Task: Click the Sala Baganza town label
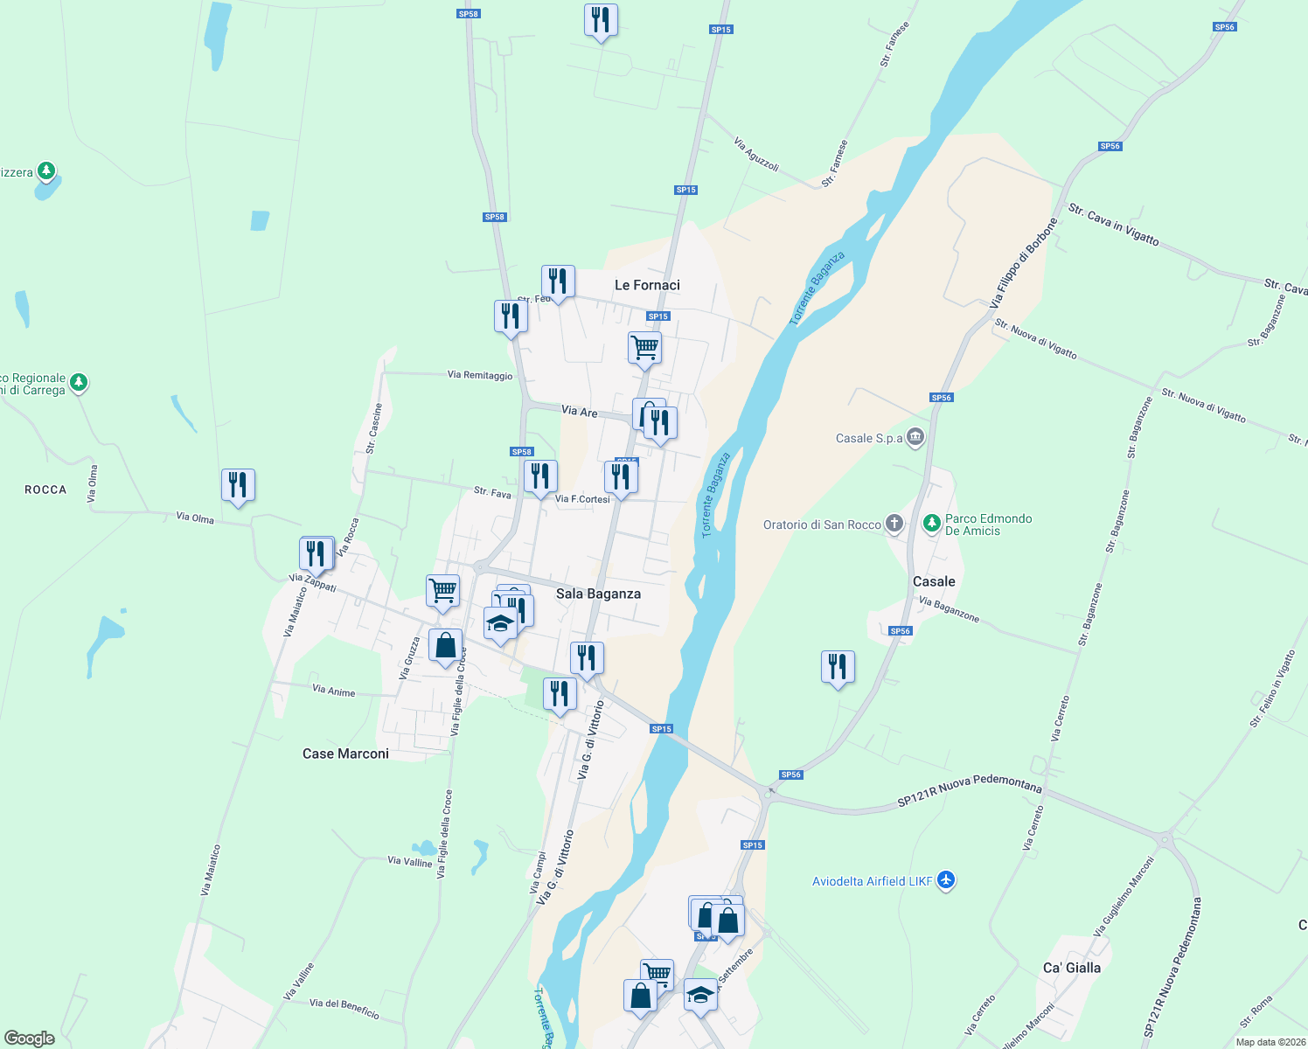(x=598, y=594)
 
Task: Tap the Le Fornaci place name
(x=647, y=285)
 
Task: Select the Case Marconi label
(x=345, y=754)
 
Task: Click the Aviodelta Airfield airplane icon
(x=946, y=880)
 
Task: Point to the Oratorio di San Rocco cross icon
(x=894, y=524)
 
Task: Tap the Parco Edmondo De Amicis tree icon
(x=932, y=523)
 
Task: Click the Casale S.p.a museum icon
(x=915, y=436)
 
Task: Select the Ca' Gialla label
(x=1072, y=968)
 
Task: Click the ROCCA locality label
(x=45, y=490)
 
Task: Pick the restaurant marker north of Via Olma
(x=238, y=485)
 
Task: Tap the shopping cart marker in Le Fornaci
(x=644, y=348)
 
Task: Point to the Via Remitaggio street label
(x=480, y=375)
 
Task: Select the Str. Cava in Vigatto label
(x=1113, y=224)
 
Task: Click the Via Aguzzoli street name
(x=756, y=154)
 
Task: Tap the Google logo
(x=30, y=1039)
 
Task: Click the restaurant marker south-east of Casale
(x=838, y=667)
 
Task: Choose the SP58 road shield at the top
(x=469, y=14)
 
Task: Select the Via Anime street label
(x=334, y=691)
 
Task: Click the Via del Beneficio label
(x=344, y=1009)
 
